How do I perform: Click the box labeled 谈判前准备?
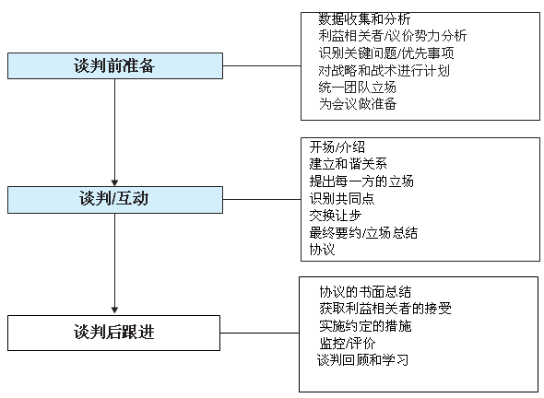coord(115,65)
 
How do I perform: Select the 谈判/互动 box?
coord(115,200)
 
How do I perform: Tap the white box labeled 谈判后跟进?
coord(113,333)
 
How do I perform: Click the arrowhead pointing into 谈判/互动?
coord(115,183)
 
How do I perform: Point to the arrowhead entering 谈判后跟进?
coord(115,310)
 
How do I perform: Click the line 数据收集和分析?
coord(364,19)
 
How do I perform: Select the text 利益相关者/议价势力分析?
coord(393,36)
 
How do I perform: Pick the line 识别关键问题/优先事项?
coord(386,53)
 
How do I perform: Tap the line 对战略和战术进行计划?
coord(384,70)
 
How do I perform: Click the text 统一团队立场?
coord(357,88)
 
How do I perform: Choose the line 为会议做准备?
coord(358,104)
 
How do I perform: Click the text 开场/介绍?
coord(337,147)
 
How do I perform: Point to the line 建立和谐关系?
coord(348,164)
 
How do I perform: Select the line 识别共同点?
coord(342,199)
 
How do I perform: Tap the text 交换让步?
coord(335,216)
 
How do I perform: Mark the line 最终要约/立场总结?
coord(363,233)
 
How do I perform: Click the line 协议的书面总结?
coord(365,292)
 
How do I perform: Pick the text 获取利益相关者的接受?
coord(385,309)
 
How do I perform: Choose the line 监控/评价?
coord(348,344)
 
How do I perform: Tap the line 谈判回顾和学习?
coord(362,360)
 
